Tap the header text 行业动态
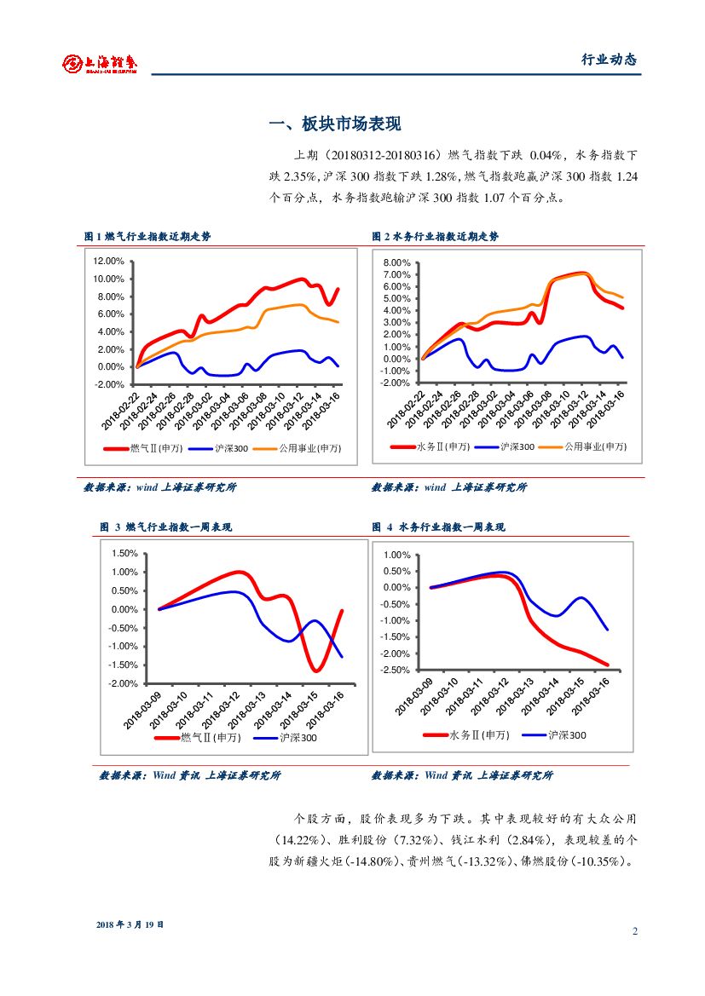coord(609,60)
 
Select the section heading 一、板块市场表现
coord(335,124)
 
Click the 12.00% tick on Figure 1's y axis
coord(108,262)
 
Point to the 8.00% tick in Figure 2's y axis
coord(396,262)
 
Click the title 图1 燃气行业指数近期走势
coord(147,237)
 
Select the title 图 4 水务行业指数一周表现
coord(439,527)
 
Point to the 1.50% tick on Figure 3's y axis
coord(124,554)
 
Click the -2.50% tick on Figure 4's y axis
coord(396,670)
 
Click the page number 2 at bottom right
coord(634,930)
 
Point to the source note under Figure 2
coord(449,487)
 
